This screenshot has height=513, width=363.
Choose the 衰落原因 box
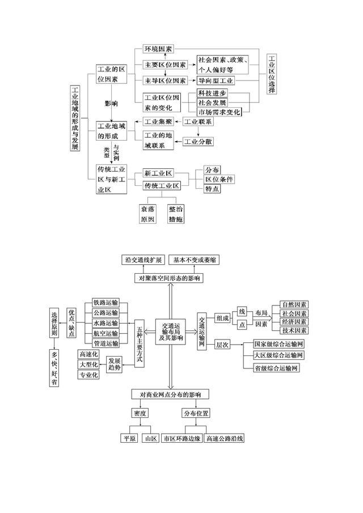[x=147, y=214]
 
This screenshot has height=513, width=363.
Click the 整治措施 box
[x=176, y=214]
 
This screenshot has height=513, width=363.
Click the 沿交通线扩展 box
[x=144, y=260]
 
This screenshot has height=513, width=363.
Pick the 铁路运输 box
[x=105, y=303]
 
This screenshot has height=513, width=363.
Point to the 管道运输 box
[x=105, y=344]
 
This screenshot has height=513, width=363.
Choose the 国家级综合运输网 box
[x=279, y=344]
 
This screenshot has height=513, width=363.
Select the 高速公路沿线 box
[x=225, y=438]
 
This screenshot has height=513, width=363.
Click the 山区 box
[x=150, y=438]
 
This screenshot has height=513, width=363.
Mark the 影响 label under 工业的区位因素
[x=111, y=104]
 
